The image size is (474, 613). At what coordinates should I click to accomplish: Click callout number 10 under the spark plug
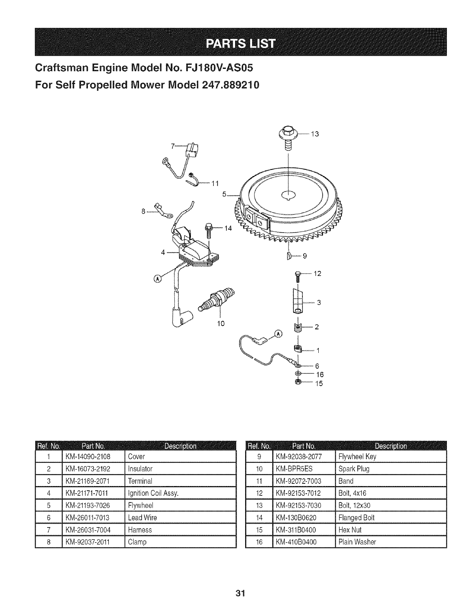click(x=221, y=323)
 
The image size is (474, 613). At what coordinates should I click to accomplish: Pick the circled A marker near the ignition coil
click(x=158, y=278)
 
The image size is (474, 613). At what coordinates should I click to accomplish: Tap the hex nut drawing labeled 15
click(x=298, y=382)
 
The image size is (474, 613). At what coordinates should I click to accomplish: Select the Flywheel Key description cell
click(x=357, y=457)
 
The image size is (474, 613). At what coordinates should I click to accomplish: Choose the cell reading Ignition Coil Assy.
click(x=153, y=493)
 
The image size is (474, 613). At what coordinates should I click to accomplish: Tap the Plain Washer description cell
click(x=357, y=542)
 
